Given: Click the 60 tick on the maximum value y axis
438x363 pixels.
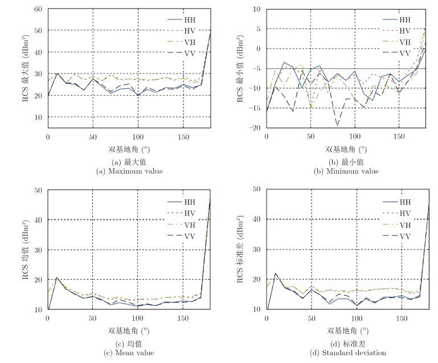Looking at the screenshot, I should (x=39, y=9).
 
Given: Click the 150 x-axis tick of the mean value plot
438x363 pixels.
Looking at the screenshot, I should (x=182, y=318).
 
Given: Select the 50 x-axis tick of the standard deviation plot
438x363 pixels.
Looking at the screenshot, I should (x=311, y=318).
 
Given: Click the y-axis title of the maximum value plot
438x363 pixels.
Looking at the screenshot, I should (x=26, y=68).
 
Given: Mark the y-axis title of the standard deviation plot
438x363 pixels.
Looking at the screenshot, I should (x=242, y=249).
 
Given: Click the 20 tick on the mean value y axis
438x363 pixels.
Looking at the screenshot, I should (x=39, y=280).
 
